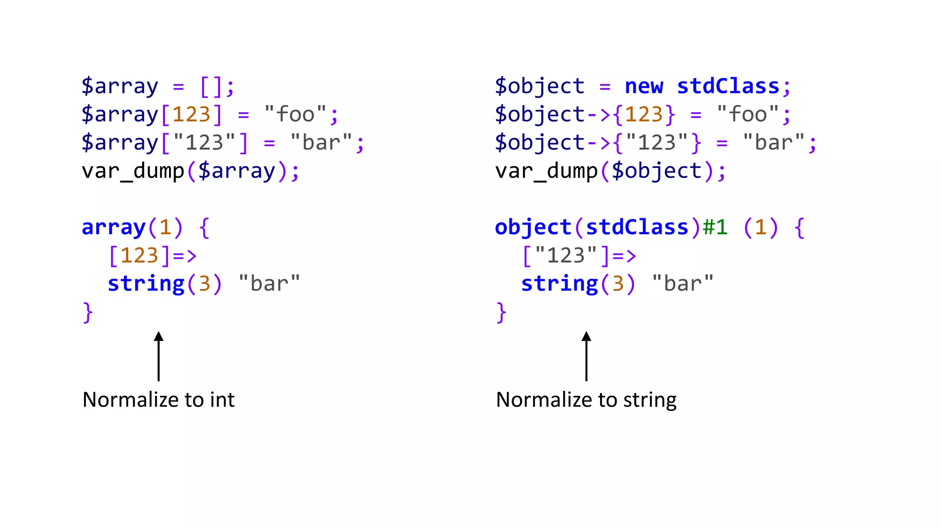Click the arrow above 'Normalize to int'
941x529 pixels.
point(159,356)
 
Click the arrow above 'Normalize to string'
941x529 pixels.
point(586,356)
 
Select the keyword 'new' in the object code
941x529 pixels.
point(644,86)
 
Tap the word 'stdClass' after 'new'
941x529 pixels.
point(728,86)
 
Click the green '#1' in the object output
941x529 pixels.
point(715,227)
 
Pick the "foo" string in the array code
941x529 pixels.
point(295,114)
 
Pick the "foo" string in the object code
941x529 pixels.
point(748,114)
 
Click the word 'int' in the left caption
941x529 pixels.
point(222,400)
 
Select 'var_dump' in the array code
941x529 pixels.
point(133,171)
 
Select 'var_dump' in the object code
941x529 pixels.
point(546,171)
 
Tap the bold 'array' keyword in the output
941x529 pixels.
point(113,227)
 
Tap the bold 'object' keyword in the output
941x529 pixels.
point(533,227)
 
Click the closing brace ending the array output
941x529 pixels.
point(88,312)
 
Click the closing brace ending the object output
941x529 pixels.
point(501,312)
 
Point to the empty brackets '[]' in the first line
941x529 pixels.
point(211,86)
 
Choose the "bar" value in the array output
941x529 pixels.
point(269,284)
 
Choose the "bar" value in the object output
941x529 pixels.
point(683,284)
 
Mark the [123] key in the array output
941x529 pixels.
point(139,255)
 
